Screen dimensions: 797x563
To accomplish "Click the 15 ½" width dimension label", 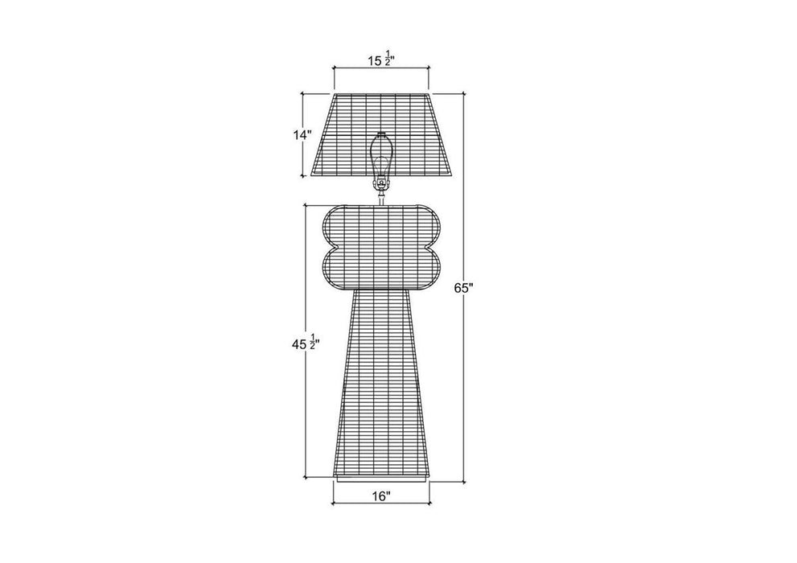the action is (382, 60).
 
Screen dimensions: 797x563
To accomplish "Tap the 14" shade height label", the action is (302, 135).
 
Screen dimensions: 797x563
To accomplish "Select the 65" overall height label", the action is (463, 288).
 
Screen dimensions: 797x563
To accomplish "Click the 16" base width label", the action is (380, 495).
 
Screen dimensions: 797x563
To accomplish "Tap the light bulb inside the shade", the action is (381, 158).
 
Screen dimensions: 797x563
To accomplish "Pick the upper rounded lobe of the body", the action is (381, 225).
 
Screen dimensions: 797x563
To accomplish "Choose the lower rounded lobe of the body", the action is (381, 268).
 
